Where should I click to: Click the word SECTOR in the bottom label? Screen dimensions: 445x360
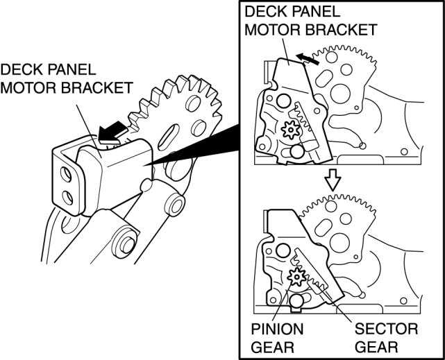(385, 327)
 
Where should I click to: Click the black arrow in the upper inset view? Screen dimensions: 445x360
(308, 59)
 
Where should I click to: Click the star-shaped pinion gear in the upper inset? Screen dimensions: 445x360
(289, 130)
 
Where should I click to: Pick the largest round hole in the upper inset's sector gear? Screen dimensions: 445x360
(341, 93)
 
